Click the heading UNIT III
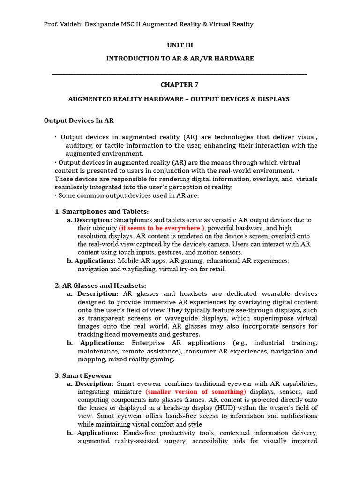[x=180, y=45]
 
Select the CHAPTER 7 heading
[x=180, y=85]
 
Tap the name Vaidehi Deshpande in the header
[x=92, y=24]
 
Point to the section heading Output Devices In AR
[x=79, y=120]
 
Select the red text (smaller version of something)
[x=196, y=391]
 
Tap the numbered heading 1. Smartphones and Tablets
[x=102, y=211]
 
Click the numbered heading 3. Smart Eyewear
[x=83, y=375]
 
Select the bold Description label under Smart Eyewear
[x=94, y=383]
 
